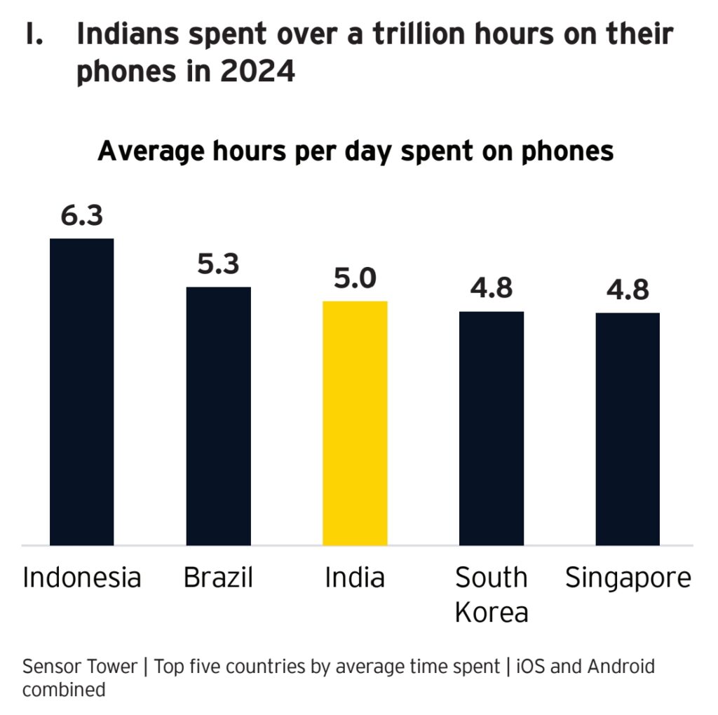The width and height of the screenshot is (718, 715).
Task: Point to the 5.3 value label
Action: pyautogui.click(x=218, y=264)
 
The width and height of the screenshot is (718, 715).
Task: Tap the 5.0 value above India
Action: pyautogui.click(x=355, y=278)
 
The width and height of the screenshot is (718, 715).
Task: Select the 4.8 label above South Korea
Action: pyautogui.click(x=492, y=288)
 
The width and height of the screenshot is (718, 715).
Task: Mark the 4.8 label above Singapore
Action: pyautogui.click(x=628, y=290)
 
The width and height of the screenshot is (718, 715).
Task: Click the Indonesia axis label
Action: pyautogui.click(x=82, y=578)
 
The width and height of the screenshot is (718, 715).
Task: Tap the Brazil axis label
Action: pyautogui.click(x=218, y=578)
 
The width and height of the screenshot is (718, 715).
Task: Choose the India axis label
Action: pyautogui.click(x=355, y=578)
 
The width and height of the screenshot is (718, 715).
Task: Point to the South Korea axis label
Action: pyautogui.click(x=491, y=595)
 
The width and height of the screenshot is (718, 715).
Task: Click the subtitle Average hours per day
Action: pyautogui.click(x=355, y=151)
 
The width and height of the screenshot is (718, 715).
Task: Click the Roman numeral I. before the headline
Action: pyautogui.click(x=34, y=34)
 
